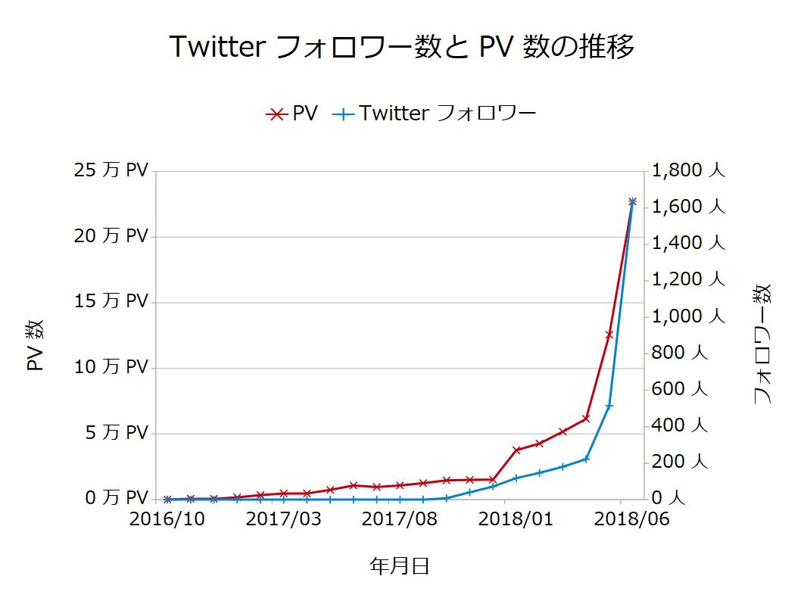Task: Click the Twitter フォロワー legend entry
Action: click(x=437, y=114)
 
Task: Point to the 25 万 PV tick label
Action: click(x=111, y=170)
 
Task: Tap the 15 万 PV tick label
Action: click(x=111, y=301)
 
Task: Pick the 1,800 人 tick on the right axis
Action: click(x=688, y=170)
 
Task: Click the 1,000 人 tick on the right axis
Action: click(x=688, y=316)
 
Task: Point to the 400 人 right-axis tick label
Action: click(x=680, y=425)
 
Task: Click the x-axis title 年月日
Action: click(x=400, y=565)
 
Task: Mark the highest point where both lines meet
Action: click(x=632, y=201)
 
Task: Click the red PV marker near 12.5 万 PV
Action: click(x=609, y=334)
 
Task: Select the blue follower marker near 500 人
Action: click(x=609, y=406)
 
